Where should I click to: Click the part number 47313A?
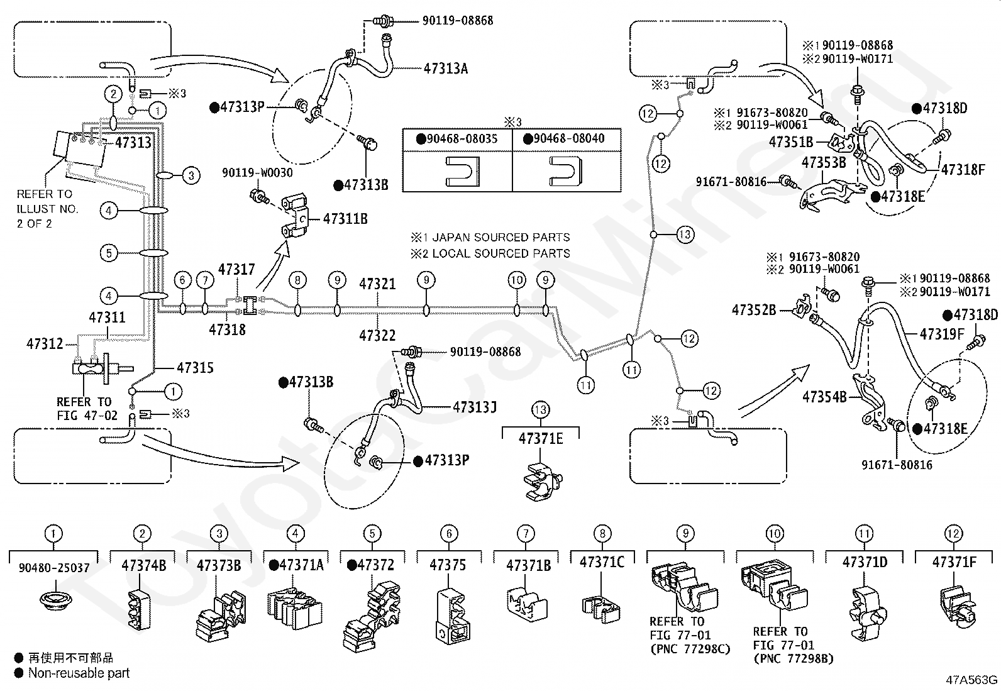pyautogui.click(x=446, y=69)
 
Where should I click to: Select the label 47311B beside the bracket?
pyautogui.click(x=345, y=219)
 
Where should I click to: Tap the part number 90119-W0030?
pyautogui.click(x=257, y=172)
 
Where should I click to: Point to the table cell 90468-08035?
pyautogui.click(x=457, y=138)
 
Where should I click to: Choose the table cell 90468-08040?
pyautogui.click(x=567, y=138)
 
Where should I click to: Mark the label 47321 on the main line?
pyautogui.click(x=377, y=284)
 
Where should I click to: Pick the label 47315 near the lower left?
pyautogui.click(x=195, y=368)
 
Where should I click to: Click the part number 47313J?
pyautogui.click(x=475, y=407)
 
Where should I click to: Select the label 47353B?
pyautogui.click(x=824, y=162)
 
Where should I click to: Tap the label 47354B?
pyautogui.click(x=824, y=397)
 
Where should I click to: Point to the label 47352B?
pyautogui.click(x=754, y=310)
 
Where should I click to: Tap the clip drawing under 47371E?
pyautogui.click(x=540, y=481)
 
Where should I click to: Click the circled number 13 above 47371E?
pyautogui.click(x=540, y=411)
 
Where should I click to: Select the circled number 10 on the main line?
pyautogui.click(x=517, y=280)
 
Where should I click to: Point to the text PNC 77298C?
pyautogui.click(x=690, y=648)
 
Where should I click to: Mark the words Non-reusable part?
pyautogui.click(x=79, y=673)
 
